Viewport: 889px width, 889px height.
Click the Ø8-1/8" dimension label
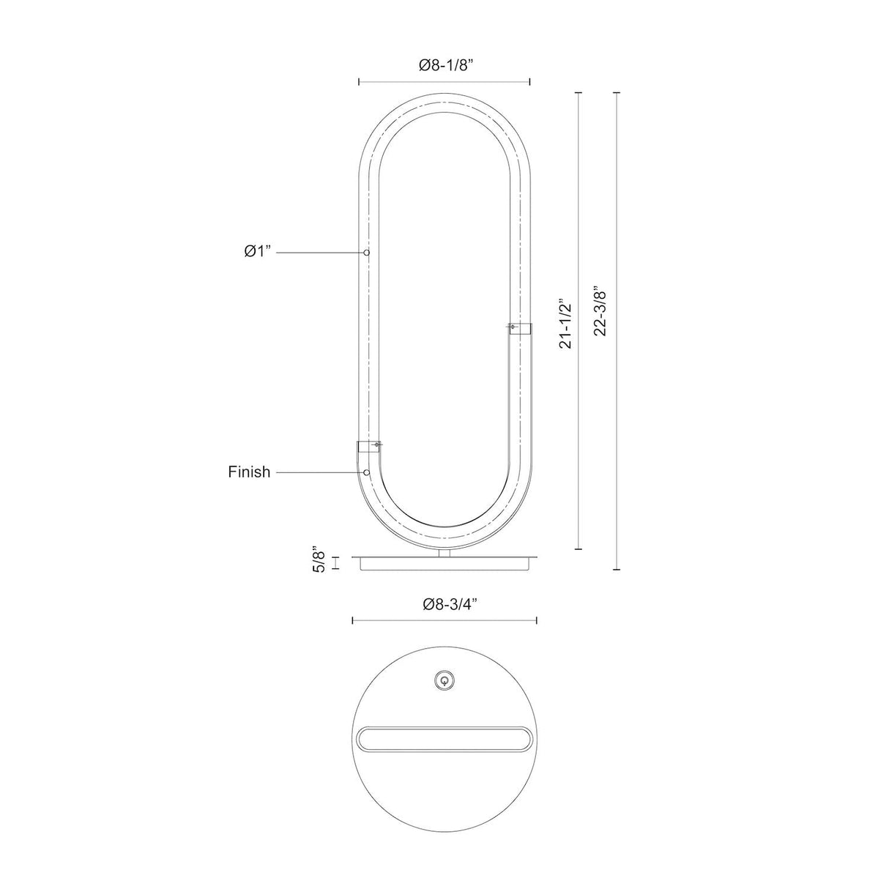pos(446,66)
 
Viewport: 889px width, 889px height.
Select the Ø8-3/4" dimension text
pos(450,604)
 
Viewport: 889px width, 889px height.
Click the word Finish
pos(249,472)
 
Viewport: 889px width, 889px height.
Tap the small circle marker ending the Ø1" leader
pos(367,253)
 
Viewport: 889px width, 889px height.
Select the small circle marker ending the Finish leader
pos(367,472)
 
